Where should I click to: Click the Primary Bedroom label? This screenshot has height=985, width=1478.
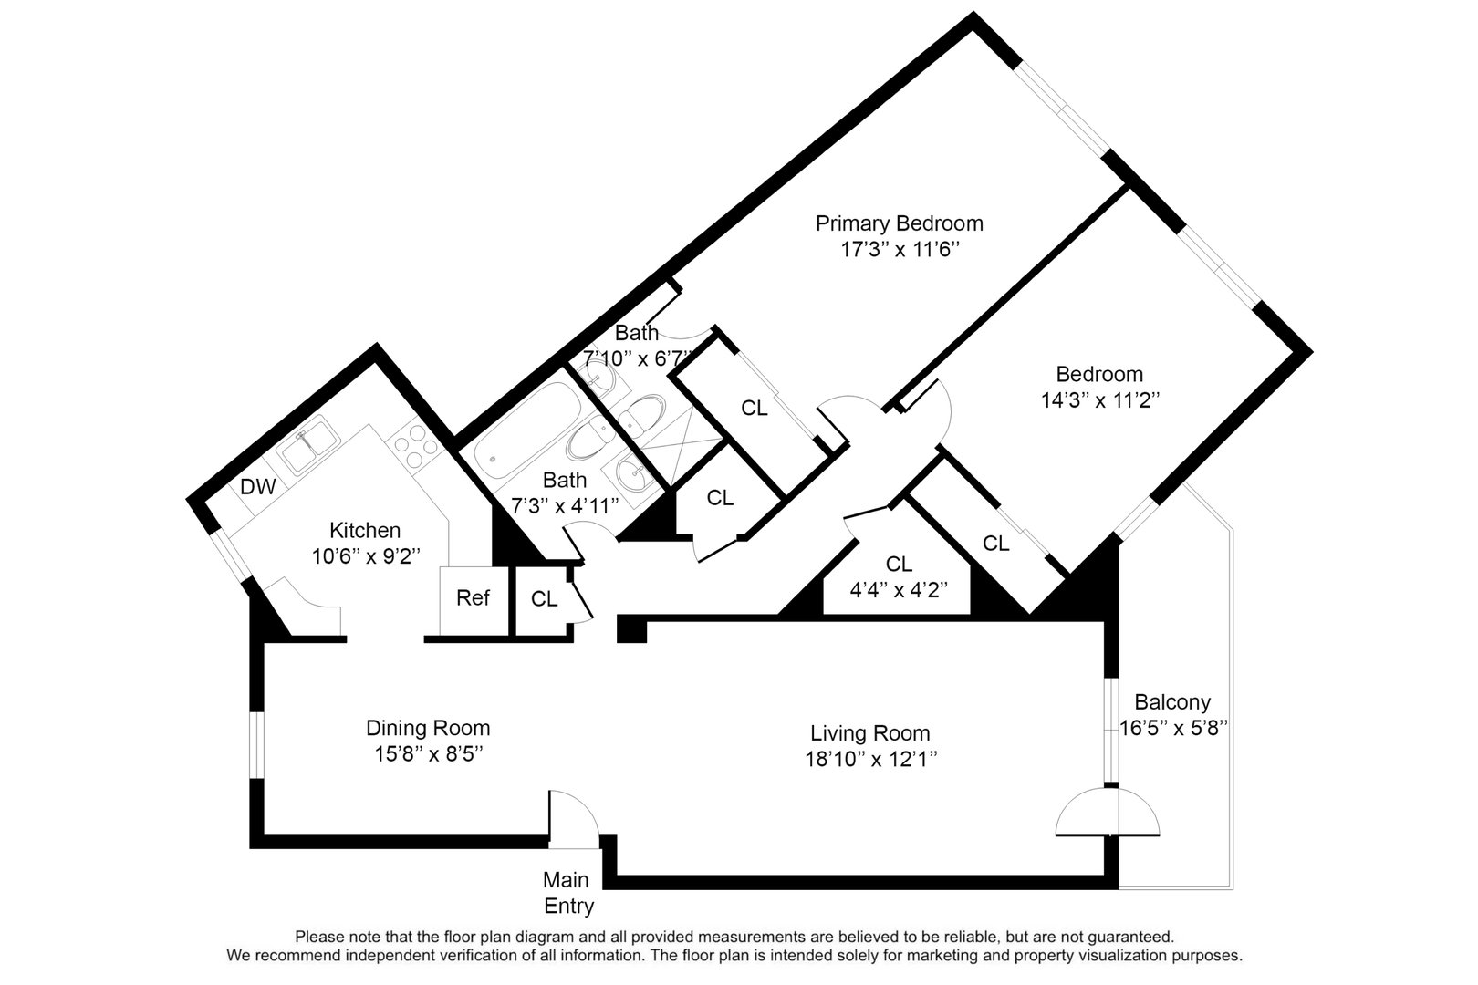(899, 223)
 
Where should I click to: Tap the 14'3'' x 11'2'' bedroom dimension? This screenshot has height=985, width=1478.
(1099, 399)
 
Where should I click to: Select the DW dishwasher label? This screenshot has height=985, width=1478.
(258, 487)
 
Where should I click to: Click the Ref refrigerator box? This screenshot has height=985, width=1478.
(473, 598)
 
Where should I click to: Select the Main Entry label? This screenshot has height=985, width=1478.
(566, 893)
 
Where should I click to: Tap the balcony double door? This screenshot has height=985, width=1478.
(1108, 813)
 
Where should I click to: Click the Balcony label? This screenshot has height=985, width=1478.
(1172, 702)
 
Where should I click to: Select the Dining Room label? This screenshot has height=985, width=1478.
(428, 728)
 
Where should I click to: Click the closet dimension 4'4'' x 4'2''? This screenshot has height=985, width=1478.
(898, 589)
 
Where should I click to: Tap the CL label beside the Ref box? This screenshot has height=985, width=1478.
(544, 599)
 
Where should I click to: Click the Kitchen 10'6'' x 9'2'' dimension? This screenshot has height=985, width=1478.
(365, 556)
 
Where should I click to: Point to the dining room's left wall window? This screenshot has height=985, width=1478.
(257, 745)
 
